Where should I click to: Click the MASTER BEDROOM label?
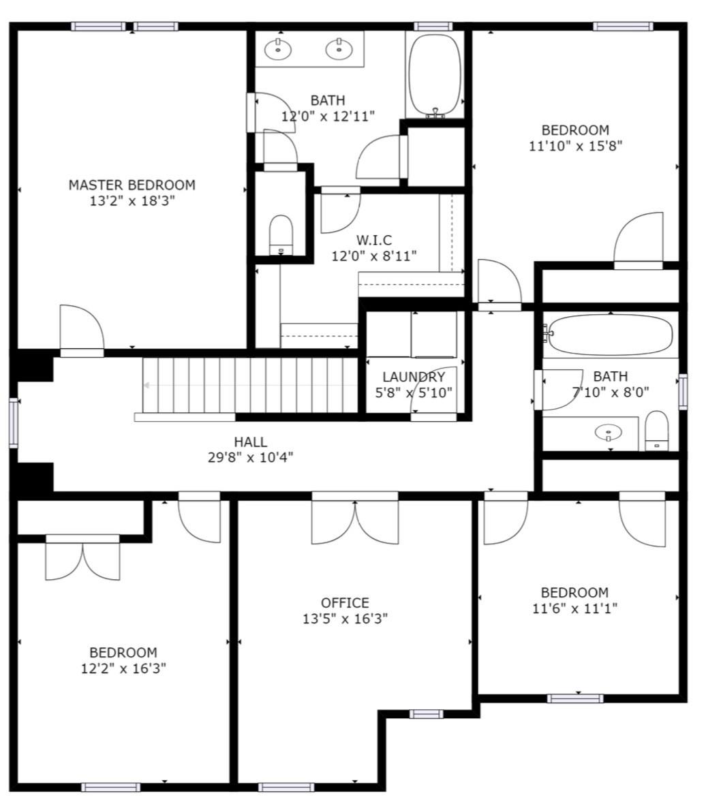[x=132, y=185]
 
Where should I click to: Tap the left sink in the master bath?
[x=278, y=49]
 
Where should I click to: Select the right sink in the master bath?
[x=339, y=49]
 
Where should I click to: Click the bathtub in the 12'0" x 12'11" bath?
[x=434, y=75]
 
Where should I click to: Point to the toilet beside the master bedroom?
[x=281, y=234]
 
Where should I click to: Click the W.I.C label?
[x=374, y=240]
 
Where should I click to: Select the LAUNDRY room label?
[x=414, y=377]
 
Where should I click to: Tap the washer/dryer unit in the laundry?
[x=433, y=335]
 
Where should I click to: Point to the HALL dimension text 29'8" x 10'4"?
[x=250, y=457]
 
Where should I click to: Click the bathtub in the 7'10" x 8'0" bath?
[x=611, y=335]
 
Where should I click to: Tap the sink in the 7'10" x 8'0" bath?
[x=608, y=432]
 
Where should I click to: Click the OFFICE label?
[x=345, y=603]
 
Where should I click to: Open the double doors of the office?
[x=354, y=521]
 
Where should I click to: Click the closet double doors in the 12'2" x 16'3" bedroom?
[x=82, y=559]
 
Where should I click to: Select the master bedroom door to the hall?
[x=82, y=330]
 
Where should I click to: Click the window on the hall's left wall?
[x=14, y=422]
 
